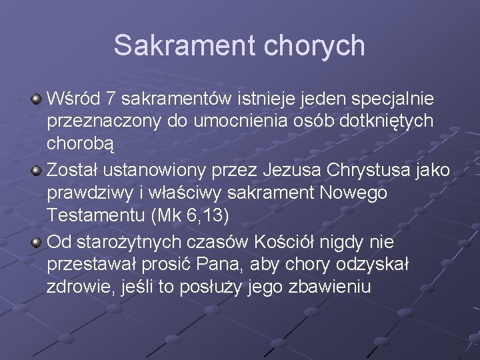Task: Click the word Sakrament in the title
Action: [184, 45]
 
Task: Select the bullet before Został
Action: [37, 171]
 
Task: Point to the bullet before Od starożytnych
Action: [37, 241]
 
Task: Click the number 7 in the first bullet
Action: [111, 99]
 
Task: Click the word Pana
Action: [223, 264]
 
